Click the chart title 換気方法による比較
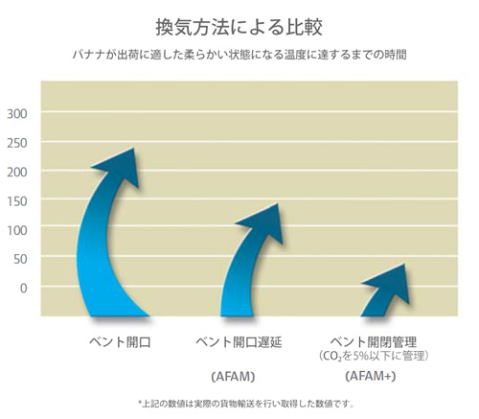[x=239, y=27]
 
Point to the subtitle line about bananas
[x=239, y=55]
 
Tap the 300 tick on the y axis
[x=17, y=114]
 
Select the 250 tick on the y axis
[x=17, y=143]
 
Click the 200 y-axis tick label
[x=17, y=173]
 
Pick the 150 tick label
[x=17, y=201]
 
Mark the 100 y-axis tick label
[x=17, y=230]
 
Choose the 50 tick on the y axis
[x=20, y=259]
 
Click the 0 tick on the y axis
[x=24, y=289]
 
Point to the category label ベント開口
[x=120, y=342]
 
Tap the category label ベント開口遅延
[x=239, y=342]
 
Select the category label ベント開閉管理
[x=374, y=341]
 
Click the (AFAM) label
[x=233, y=377]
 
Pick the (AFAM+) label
[x=371, y=376]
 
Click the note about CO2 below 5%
[x=374, y=356]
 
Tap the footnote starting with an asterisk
[x=246, y=404]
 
